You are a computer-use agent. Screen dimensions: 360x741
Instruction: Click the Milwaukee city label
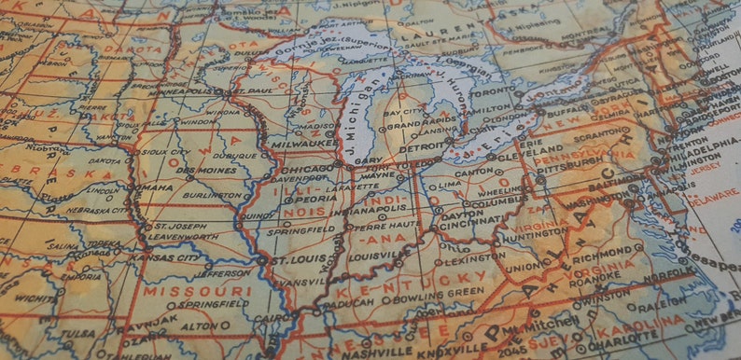pos(304,145)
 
